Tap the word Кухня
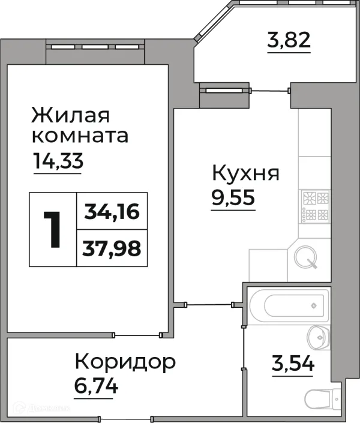[245, 173]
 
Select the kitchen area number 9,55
[233, 198]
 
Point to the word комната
[80, 136]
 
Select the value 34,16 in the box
[112, 211]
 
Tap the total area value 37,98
[112, 247]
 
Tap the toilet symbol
[316, 399]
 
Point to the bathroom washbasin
[315, 338]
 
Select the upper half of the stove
[315, 197]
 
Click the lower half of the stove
[315, 215]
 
